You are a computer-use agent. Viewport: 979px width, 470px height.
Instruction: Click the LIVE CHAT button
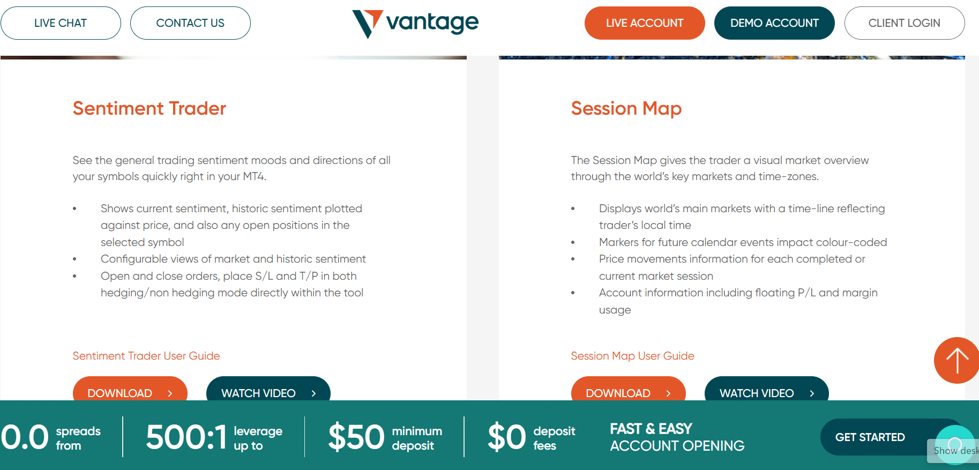click(x=61, y=23)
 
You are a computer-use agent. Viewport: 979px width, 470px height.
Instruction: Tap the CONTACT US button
click(x=190, y=23)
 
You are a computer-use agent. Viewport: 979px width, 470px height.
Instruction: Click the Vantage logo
click(x=415, y=24)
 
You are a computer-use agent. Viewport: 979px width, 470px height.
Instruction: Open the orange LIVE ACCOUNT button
click(x=645, y=23)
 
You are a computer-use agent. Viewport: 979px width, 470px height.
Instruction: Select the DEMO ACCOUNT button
click(x=774, y=23)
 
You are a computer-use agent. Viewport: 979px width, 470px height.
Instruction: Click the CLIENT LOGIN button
click(x=905, y=23)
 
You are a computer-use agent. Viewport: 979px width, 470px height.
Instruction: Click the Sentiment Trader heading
click(x=150, y=108)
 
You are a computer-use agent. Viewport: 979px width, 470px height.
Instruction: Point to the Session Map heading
click(x=626, y=109)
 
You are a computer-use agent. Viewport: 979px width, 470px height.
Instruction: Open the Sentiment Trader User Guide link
click(x=146, y=356)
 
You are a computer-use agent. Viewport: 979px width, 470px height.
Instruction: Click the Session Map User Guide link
click(x=632, y=356)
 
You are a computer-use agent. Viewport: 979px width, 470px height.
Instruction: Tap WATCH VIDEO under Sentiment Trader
click(x=268, y=390)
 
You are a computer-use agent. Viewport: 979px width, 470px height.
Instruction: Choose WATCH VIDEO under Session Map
click(x=767, y=390)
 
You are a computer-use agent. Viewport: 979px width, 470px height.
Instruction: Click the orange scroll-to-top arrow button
click(x=956, y=360)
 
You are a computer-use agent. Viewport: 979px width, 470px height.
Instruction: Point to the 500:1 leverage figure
click(x=186, y=437)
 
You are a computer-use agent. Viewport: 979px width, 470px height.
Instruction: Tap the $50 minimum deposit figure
click(x=356, y=437)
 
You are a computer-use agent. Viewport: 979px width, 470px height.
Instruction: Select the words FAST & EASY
click(x=651, y=429)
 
